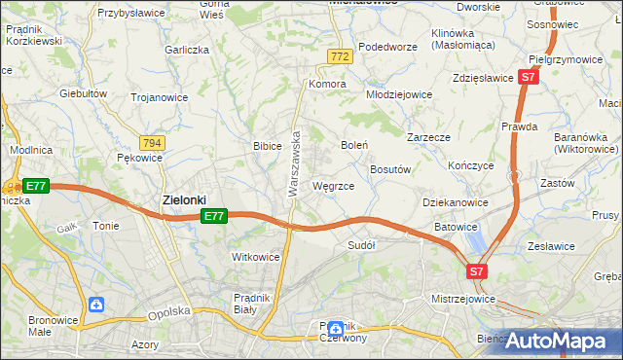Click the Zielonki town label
tap(182, 200)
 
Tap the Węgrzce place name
tap(340, 185)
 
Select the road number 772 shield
tap(339, 58)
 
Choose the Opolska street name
tap(167, 314)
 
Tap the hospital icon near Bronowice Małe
tap(95, 305)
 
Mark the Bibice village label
tap(267, 146)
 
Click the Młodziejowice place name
tap(398, 94)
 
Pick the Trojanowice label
tap(161, 97)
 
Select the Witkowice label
tap(255, 257)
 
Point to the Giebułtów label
tap(83, 93)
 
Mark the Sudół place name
tap(361, 245)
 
